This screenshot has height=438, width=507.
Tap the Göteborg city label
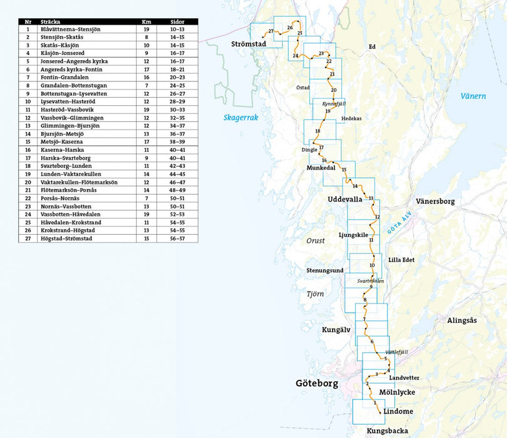click(318, 383)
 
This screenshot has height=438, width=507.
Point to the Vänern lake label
click(473, 96)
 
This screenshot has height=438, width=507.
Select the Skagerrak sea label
click(241, 118)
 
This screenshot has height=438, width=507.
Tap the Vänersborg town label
click(435, 201)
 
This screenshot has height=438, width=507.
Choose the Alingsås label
click(461, 320)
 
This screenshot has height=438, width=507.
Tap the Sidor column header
click(177, 22)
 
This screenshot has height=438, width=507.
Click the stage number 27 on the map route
click(271, 31)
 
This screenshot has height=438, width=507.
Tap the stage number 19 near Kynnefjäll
click(327, 111)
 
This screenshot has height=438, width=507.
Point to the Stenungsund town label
click(324, 270)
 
